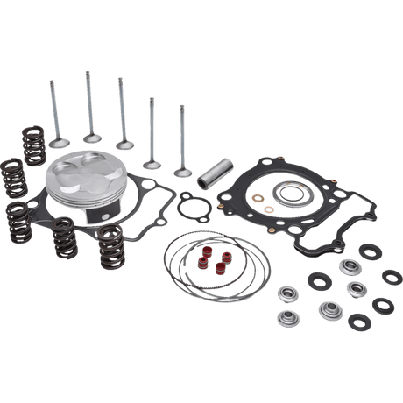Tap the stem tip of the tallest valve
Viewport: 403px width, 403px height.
(x=87, y=74)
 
